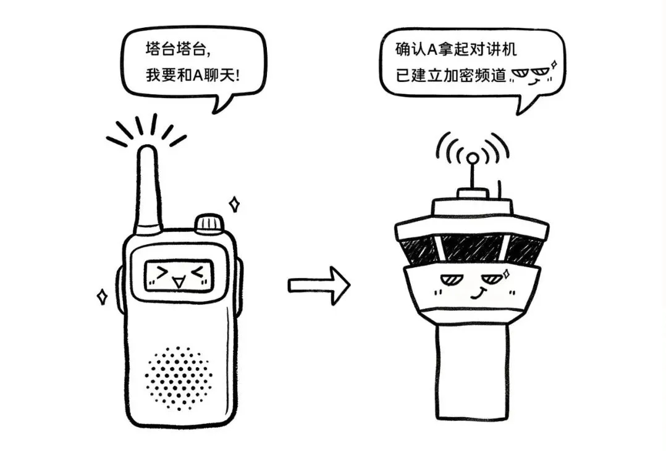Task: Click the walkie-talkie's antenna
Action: tap(149, 188)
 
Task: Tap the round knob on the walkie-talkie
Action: tap(209, 224)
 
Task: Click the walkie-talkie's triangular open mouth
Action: tap(179, 283)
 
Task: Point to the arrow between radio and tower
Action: tap(319, 285)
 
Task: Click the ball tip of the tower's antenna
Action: tap(472, 159)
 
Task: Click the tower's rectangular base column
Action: tap(472, 370)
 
